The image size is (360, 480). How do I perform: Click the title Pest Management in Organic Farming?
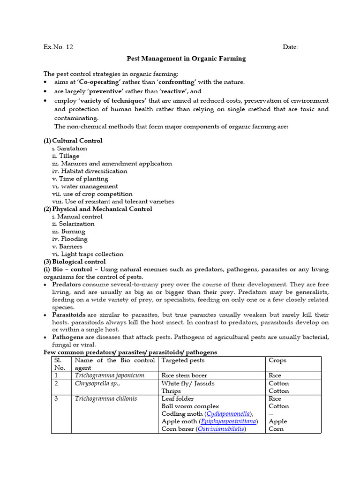click(186, 59)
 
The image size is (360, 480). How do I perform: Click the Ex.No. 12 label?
click(58, 47)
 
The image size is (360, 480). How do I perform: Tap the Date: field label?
click(290, 47)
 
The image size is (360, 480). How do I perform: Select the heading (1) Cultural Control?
click(73, 141)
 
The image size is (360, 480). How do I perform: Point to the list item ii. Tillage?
click(66, 156)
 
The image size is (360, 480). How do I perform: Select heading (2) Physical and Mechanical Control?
click(98, 209)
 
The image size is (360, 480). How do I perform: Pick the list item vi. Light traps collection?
click(88, 254)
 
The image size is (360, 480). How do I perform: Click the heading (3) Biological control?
click(75, 262)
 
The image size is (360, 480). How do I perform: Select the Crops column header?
click(277, 360)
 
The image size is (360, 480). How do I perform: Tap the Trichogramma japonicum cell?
click(109, 375)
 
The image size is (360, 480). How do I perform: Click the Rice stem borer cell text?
click(184, 375)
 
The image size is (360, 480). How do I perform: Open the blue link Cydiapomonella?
click(227, 414)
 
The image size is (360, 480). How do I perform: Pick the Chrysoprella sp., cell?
click(97, 383)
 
